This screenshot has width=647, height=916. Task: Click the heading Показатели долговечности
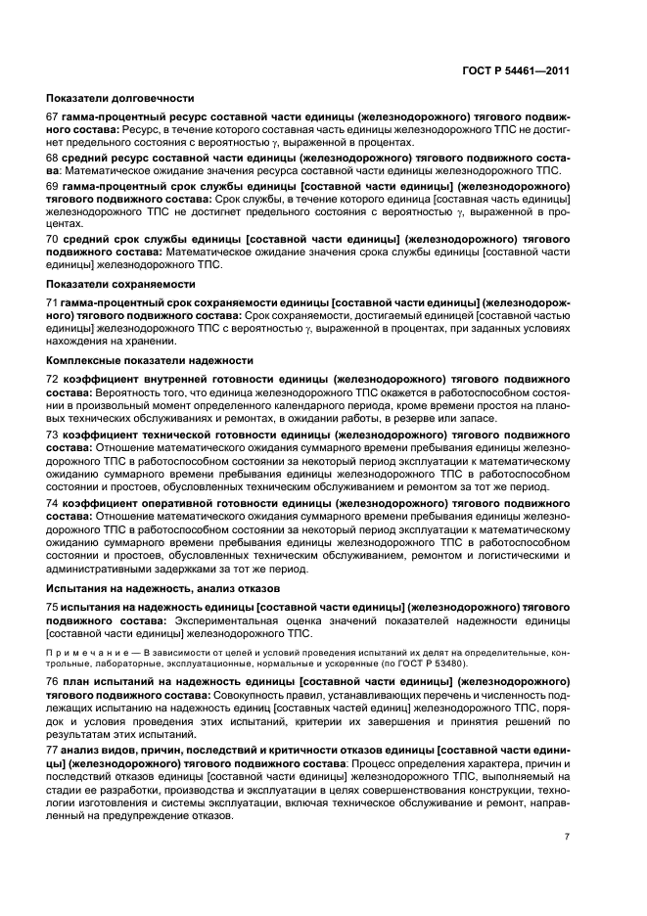[120, 98]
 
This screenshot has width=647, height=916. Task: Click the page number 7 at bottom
[567, 837]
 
